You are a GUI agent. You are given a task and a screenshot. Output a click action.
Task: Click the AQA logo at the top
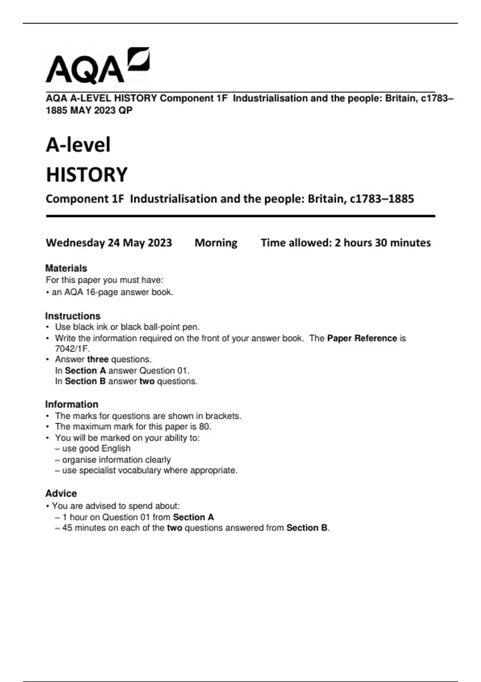(x=97, y=66)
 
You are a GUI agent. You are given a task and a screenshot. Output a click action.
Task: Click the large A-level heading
(x=78, y=145)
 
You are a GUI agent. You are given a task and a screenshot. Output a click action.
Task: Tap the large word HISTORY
(x=87, y=175)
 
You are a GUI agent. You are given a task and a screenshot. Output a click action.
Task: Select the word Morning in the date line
(x=216, y=243)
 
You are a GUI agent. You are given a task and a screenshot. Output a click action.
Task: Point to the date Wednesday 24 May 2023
(x=109, y=243)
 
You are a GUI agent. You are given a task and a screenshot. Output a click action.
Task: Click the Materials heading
(x=66, y=268)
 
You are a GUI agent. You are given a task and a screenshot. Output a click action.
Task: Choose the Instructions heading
(x=73, y=316)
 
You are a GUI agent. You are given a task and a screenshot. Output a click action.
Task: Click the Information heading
(x=72, y=404)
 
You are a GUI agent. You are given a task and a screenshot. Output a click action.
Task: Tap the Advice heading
(x=61, y=493)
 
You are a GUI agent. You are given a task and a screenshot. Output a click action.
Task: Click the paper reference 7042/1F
(x=72, y=349)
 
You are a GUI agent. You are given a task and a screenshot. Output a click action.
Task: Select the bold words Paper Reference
(x=362, y=338)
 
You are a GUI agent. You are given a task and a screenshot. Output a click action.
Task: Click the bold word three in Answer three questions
(x=98, y=359)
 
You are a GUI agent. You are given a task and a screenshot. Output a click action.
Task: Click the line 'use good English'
(x=96, y=449)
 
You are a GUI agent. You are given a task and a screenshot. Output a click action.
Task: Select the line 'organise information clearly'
(x=116, y=459)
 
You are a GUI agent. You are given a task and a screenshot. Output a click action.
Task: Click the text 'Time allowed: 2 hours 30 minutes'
(x=346, y=243)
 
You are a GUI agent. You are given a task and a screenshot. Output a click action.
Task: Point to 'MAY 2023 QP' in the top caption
(x=101, y=110)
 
